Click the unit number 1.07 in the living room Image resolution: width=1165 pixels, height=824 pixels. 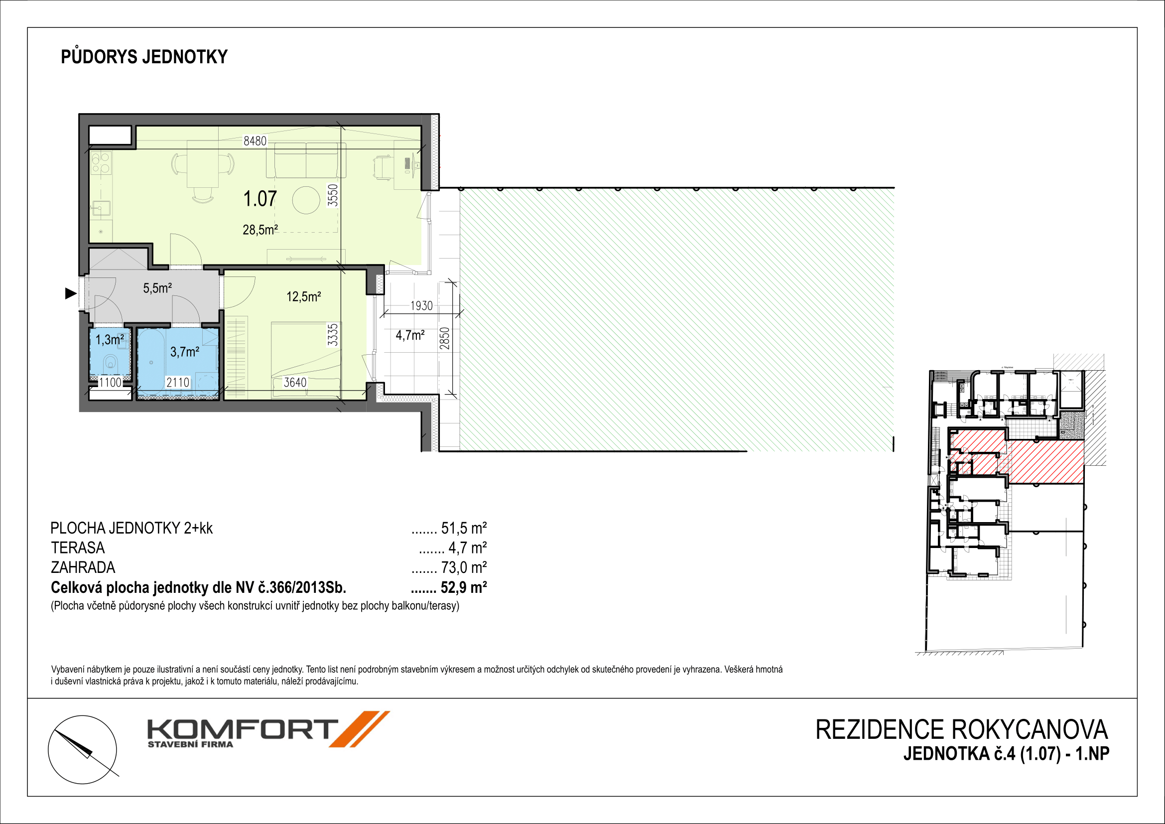[260, 198]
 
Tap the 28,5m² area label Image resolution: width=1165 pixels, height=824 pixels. [260, 230]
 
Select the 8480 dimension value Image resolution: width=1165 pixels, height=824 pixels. [255, 140]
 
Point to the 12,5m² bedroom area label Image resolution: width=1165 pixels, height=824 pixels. [303, 296]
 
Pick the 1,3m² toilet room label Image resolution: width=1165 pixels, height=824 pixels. [110, 339]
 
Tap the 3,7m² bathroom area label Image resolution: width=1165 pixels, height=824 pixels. [185, 352]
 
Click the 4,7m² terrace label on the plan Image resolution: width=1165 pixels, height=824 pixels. [410, 335]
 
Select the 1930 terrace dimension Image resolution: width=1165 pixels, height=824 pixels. [422, 305]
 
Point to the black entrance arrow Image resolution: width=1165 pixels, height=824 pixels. [71, 293]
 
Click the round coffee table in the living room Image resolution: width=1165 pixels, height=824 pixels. [306, 200]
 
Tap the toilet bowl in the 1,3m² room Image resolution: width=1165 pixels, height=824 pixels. [111, 363]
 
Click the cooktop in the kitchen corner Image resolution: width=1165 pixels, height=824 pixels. [102, 163]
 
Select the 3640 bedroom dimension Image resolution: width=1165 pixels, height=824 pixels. [295, 382]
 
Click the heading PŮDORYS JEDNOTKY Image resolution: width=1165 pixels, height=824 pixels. [144, 57]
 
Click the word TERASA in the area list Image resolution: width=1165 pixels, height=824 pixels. [78, 548]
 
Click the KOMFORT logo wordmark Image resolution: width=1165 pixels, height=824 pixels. [243, 730]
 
